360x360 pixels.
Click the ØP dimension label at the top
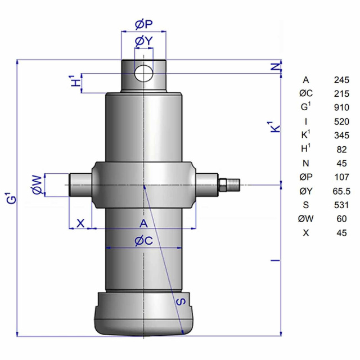click(144, 24)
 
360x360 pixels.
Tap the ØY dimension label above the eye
click(144, 41)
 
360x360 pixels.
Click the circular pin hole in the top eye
click(144, 73)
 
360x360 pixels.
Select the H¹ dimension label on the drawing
click(76, 80)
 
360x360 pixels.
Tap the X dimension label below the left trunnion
click(80, 223)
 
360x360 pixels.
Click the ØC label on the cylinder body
click(144, 241)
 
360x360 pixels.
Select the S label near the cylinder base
click(181, 301)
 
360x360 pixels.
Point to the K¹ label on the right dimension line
click(275, 127)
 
